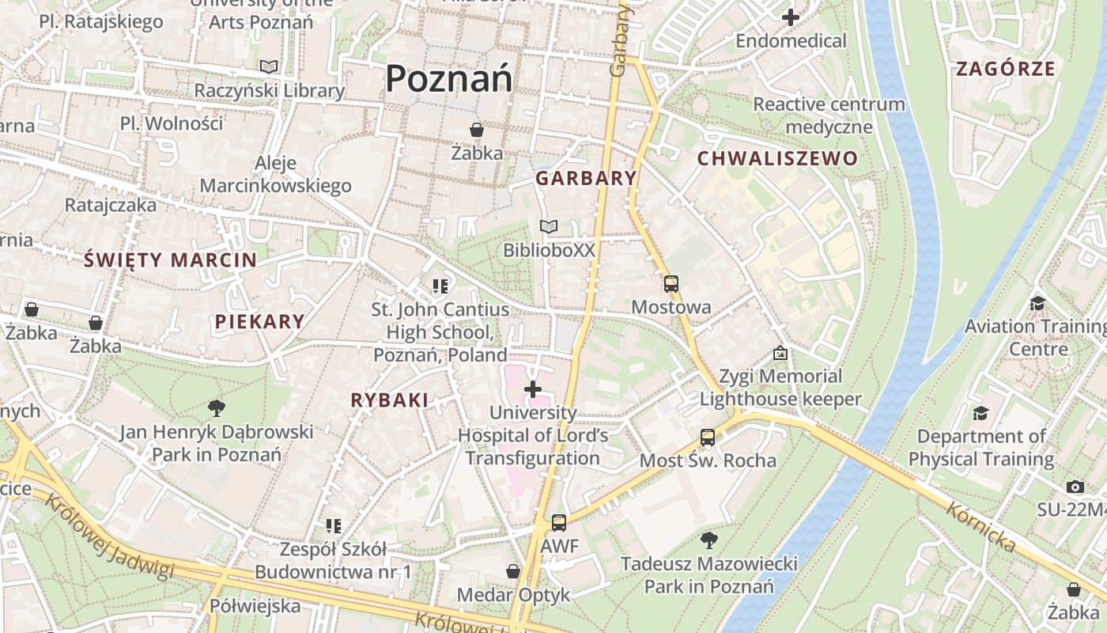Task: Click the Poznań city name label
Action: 449,78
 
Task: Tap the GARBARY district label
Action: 586,178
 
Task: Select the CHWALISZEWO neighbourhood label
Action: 777,158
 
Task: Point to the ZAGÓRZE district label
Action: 1006,69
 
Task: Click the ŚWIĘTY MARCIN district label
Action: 170,260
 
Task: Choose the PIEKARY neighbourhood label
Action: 259,321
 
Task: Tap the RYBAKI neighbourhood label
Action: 390,400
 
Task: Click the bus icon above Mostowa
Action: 671,283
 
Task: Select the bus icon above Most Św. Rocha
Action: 708,437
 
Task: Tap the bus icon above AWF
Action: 559,522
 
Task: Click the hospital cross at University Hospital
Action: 533,389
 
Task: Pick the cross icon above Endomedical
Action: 790,17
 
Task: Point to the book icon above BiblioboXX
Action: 549,227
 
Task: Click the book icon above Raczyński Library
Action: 269,67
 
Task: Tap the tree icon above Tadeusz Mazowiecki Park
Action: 709,540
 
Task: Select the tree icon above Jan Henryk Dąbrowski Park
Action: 216,408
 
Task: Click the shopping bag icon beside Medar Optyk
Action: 513,570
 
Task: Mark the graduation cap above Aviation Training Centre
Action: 1037,302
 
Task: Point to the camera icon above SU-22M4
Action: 1075,487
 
